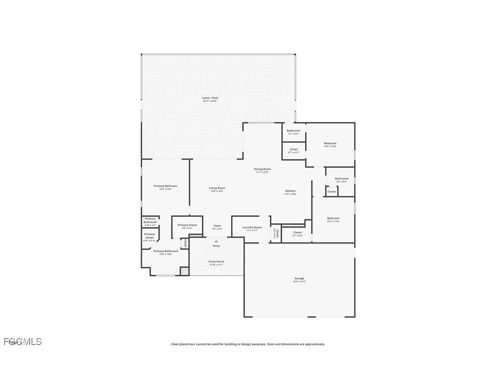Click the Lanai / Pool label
coord(210,98)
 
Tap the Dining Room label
coord(262,169)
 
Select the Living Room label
coord(217,188)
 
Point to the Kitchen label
coord(290,191)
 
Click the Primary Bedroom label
coord(165,186)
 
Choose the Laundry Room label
coord(252,227)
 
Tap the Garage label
coord(299,278)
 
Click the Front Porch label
coord(216,262)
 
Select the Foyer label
coord(217,226)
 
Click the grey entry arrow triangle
coord(216,241)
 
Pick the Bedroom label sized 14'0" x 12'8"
coord(330,144)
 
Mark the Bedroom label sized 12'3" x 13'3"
coord(333,218)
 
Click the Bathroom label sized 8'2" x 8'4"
coord(342,179)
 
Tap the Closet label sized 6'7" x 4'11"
coord(294,149)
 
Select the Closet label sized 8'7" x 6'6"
coord(297,232)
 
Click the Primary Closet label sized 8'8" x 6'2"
coord(187,225)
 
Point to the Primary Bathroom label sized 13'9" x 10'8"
coord(165,251)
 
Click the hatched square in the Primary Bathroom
coord(184,271)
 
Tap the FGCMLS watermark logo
coord(23,341)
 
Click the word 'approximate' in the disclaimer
coord(314,344)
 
